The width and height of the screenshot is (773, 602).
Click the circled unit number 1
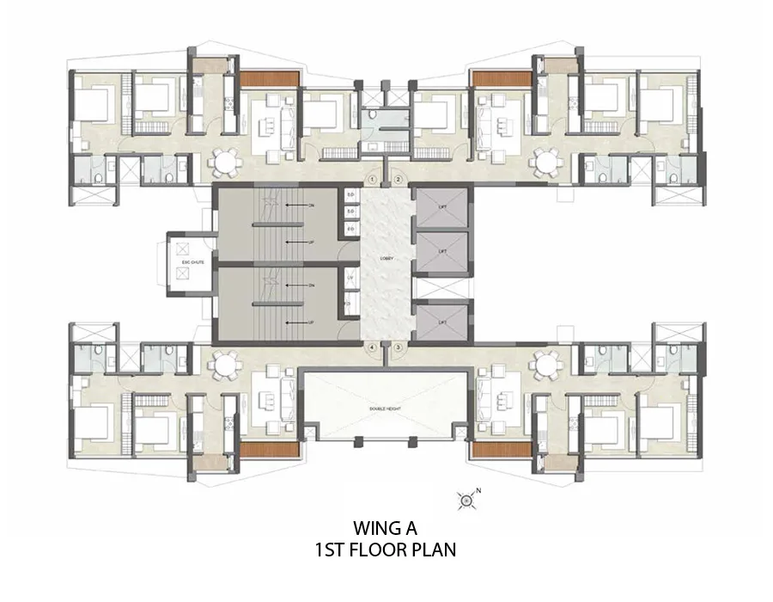click(x=372, y=179)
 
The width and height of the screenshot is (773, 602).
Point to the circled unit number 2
click(x=399, y=179)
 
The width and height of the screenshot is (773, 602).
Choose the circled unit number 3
click(x=399, y=347)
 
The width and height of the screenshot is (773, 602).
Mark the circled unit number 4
click(x=372, y=347)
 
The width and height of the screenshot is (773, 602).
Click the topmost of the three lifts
click(x=442, y=207)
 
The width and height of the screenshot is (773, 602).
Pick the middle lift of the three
click(x=442, y=251)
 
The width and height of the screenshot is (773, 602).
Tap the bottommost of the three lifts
click(x=442, y=322)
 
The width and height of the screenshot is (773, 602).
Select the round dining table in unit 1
click(x=226, y=161)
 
